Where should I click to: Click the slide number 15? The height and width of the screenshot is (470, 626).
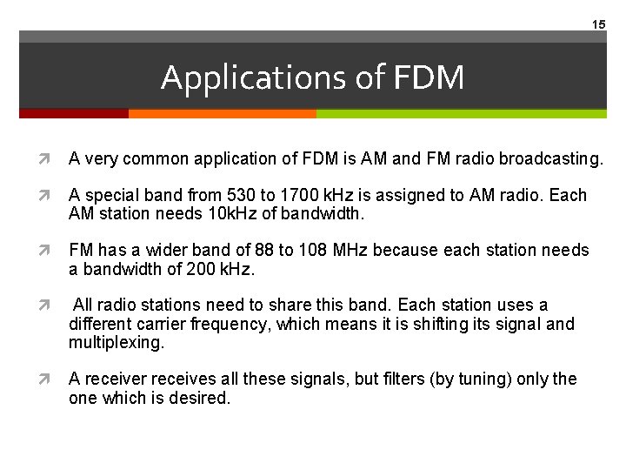point(598,24)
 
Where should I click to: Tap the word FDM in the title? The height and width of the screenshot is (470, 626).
point(429,78)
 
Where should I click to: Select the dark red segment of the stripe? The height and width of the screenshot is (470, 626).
point(74,113)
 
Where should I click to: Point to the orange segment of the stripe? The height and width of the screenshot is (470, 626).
point(222,113)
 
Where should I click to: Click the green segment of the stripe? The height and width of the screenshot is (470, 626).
point(461,113)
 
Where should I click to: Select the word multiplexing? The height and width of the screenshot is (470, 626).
point(116,343)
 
